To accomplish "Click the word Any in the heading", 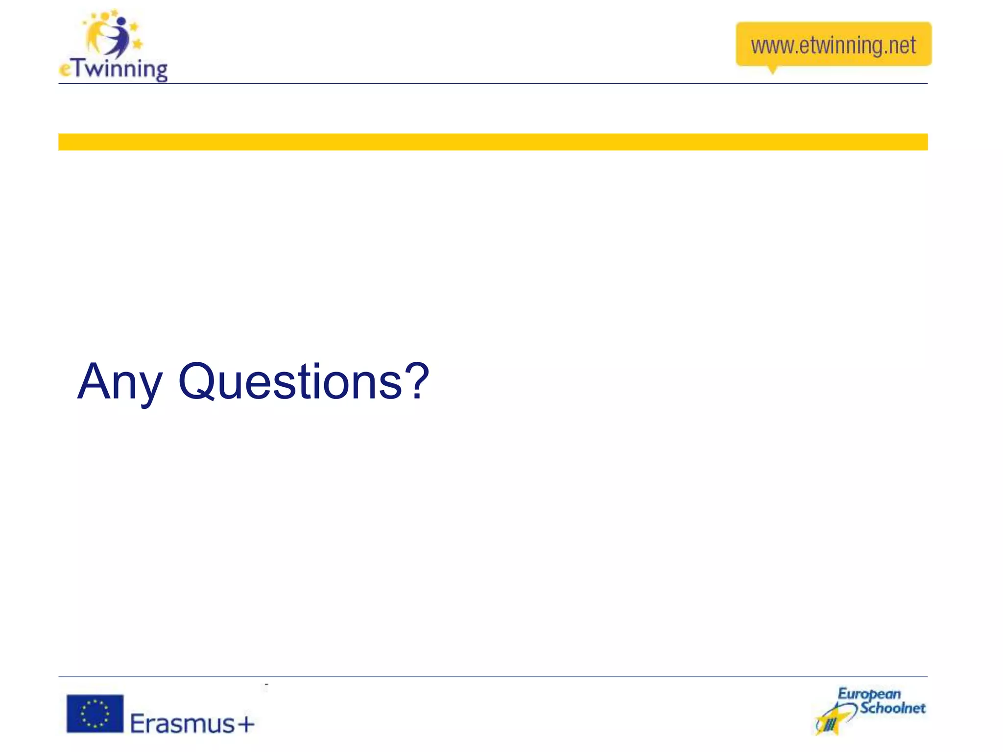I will coord(119,382).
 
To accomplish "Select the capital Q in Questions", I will coord(196,381).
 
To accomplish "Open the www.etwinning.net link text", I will coord(833,46).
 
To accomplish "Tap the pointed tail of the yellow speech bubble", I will coord(772,70).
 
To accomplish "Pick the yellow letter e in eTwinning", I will coord(65,70).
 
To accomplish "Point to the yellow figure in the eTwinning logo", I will coord(96,34).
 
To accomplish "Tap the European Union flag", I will coord(95,713).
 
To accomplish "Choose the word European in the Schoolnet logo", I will coord(869,694).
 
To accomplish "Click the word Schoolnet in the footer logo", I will coord(893,708).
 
